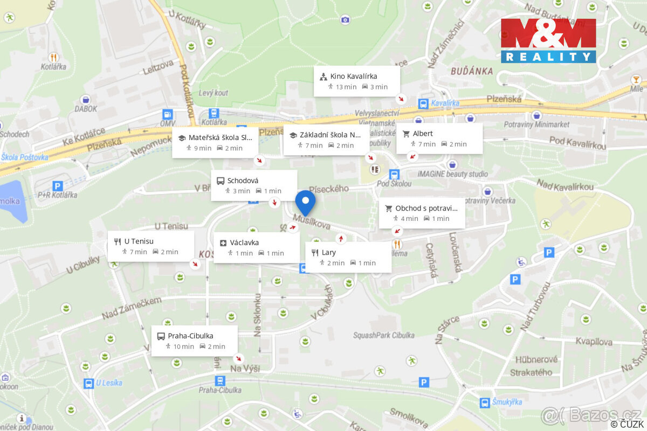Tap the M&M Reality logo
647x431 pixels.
point(548,40)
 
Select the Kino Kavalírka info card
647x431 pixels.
point(357,81)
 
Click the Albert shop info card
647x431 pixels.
point(439,138)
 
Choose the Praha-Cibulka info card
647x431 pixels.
point(194,340)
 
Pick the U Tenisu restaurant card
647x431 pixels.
point(150,246)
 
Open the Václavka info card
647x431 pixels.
point(257,248)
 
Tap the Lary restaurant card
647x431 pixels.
point(348,257)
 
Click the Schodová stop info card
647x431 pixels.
point(254,185)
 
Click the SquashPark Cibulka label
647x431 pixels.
point(384,335)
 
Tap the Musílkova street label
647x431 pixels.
point(312,221)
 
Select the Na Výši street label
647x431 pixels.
point(245,369)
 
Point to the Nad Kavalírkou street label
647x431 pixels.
point(565,186)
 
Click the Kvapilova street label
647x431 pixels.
point(594,342)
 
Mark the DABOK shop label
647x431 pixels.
point(86,108)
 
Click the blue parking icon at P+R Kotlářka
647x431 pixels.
point(58,186)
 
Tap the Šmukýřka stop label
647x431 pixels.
point(507,402)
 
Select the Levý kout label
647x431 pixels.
point(213,93)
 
